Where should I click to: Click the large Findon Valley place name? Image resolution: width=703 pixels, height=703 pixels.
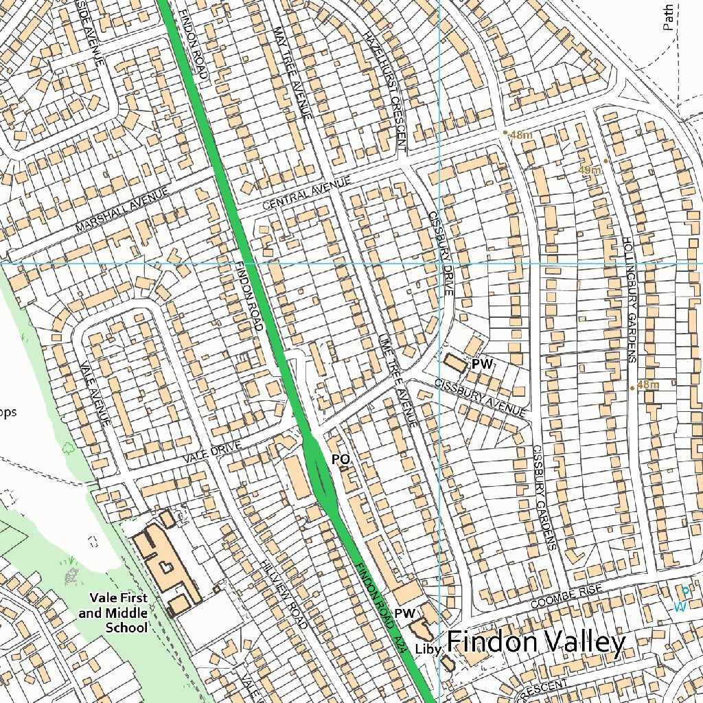pyautogui.click(x=536, y=643)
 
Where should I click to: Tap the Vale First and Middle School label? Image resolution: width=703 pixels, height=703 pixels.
pyautogui.click(x=113, y=613)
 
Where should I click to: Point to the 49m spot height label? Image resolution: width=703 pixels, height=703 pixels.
pyautogui.click(x=589, y=170)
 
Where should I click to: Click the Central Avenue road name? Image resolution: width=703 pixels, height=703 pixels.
pyautogui.click(x=306, y=193)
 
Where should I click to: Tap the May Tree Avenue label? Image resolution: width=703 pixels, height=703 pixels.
pyautogui.click(x=292, y=72)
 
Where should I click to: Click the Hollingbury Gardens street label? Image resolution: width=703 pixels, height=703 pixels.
pyautogui.click(x=630, y=299)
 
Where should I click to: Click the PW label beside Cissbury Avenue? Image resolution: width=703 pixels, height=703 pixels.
pyautogui.click(x=483, y=364)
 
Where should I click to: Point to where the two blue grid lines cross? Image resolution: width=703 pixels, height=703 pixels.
pyautogui.click(x=439, y=263)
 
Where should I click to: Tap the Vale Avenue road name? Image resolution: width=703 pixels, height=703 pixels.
pyautogui.click(x=95, y=393)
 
